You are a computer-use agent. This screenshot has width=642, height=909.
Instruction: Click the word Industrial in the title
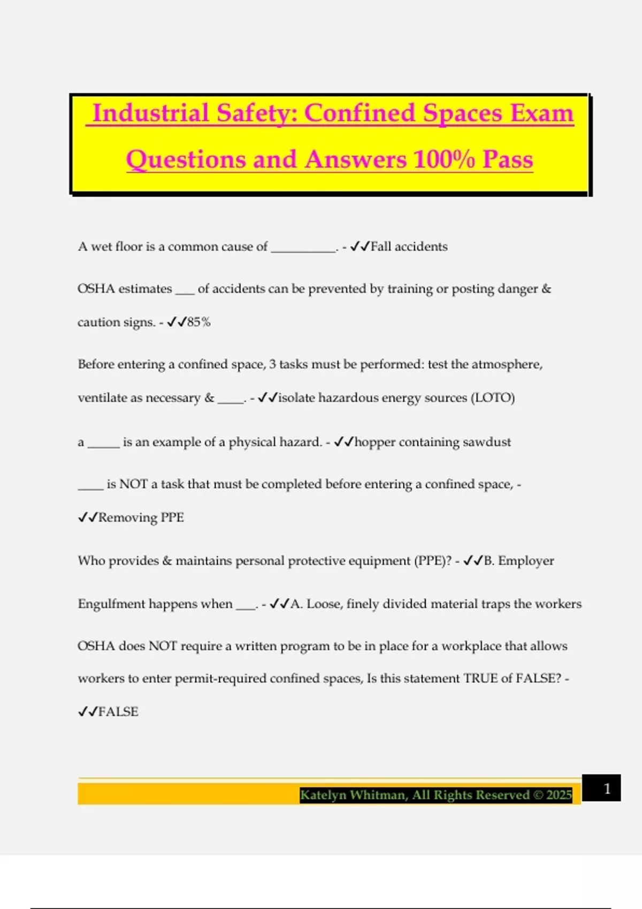[x=150, y=113]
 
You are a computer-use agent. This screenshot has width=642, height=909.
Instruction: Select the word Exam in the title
[x=541, y=113]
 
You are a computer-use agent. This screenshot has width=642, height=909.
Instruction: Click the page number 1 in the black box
[x=607, y=789]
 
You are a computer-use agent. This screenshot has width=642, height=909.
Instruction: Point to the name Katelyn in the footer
[x=323, y=795]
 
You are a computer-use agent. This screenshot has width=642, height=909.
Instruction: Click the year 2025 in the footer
[x=559, y=795]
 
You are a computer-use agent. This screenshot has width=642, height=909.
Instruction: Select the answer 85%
[x=199, y=322]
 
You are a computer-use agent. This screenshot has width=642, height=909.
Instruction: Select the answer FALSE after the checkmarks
[x=118, y=712]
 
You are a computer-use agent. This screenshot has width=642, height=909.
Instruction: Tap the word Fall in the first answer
[x=381, y=246]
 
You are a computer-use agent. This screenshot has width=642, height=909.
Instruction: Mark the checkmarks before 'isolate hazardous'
[x=267, y=398]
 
